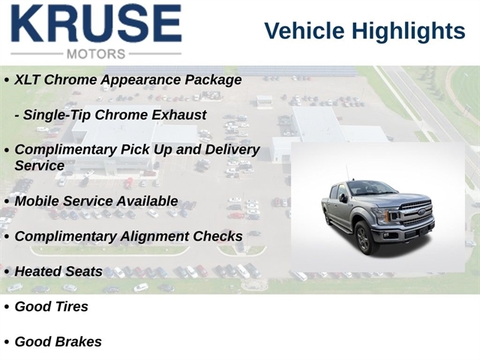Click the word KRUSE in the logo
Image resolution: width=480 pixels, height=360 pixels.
(x=97, y=23)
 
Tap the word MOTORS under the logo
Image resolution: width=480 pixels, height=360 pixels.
(x=96, y=54)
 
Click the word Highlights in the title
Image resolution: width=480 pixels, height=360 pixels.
(x=408, y=31)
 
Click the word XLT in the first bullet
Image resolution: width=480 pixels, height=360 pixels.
(x=27, y=80)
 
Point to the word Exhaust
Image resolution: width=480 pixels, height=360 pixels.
(x=178, y=115)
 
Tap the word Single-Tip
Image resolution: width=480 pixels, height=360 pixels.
(x=57, y=115)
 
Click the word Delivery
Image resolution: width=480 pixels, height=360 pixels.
(x=232, y=150)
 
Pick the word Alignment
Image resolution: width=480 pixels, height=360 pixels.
(x=154, y=237)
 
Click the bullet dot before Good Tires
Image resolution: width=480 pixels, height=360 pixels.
(x=7, y=307)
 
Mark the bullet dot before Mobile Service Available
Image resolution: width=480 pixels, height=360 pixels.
(x=7, y=202)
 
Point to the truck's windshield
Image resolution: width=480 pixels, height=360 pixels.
(x=371, y=188)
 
